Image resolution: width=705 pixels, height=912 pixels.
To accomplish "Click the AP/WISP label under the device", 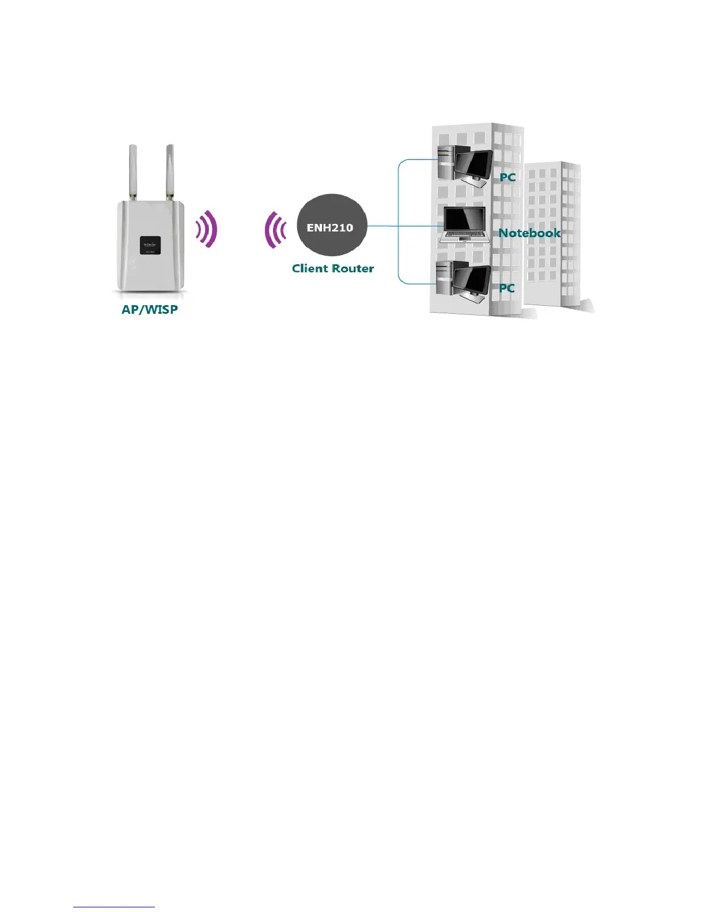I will pyautogui.click(x=149, y=309).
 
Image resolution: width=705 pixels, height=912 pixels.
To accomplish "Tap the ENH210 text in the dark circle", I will pyautogui.click(x=330, y=227).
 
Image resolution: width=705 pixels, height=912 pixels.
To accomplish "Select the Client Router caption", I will pyautogui.click(x=333, y=268).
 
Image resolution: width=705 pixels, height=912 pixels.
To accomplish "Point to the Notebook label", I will pyautogui.click(x=529, y=233).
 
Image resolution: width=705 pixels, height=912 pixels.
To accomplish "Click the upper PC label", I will pyautogui.click(x=507, y=177).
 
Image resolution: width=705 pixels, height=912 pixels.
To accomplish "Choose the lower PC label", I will pyautogui.click(x=507, y=288).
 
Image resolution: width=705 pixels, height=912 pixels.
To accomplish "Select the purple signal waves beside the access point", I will pyautogui.click(x=207, y=229).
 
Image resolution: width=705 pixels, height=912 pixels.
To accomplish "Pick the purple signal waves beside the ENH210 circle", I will pyautogui.click(x=275, y=230).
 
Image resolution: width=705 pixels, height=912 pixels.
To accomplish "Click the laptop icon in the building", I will pyautogui.click(x=463, y=225).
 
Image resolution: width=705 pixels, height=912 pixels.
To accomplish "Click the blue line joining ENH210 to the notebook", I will pyautogui.click(x=403, y=226).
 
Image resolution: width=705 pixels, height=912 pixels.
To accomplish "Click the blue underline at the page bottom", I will pyautogui.click(x=114, y=907).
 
